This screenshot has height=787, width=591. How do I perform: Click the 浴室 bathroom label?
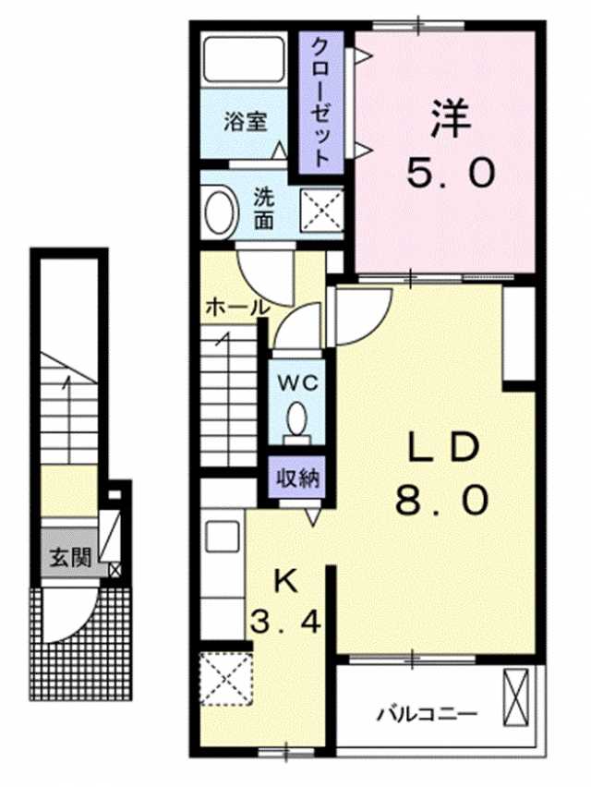pyautogui.click(x=245, y=122)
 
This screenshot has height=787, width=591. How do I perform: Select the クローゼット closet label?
pyautogui.click(x=320, y=102)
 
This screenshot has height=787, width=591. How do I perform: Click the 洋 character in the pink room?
pyautogui.click(x=450, y=119)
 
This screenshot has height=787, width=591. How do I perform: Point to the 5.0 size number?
pyautogui.click(x=451, y=173)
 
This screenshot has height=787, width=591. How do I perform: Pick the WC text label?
pyautogui.click(x=298, y=384)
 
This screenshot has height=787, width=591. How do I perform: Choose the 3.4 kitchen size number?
pyautogui.click(x=285, y=623)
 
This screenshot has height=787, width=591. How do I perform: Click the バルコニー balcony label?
pyautogui.click(x=427, y=714)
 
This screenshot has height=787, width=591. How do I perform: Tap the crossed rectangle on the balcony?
pyautogui.click(x=516, y=697)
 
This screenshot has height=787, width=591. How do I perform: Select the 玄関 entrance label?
pyautogui.click(x=70, y=556)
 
